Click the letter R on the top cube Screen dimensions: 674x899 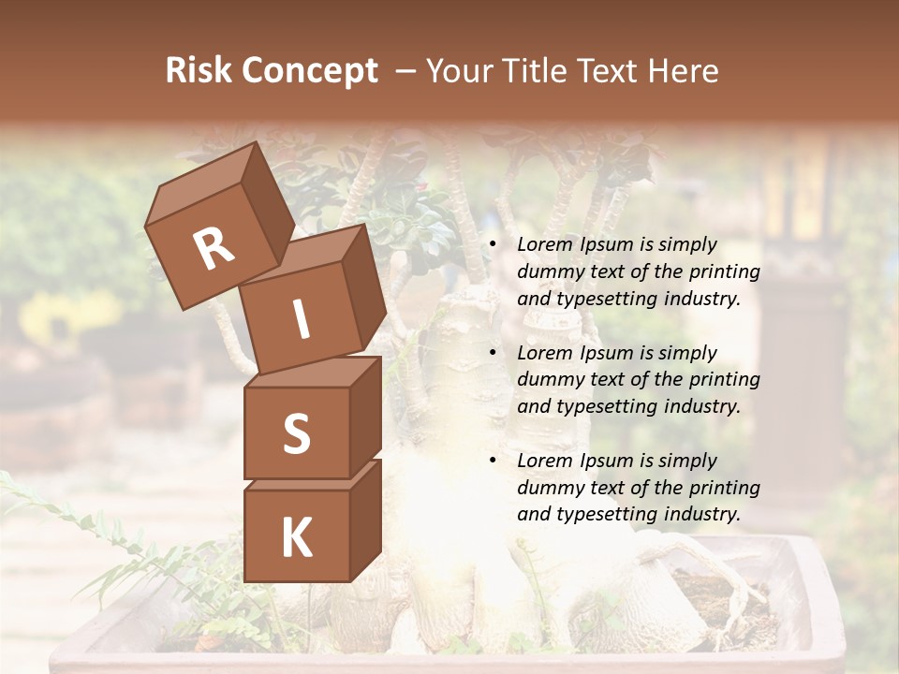pos(214,248)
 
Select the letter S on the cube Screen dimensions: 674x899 pos(296,433)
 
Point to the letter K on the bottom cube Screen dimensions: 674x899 pos(296,538)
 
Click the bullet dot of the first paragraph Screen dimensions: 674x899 pos(492,245)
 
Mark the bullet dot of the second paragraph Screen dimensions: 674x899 pos(492,354)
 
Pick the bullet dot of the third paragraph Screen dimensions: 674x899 pos(492,462)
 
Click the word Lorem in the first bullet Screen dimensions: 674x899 pos(544,244)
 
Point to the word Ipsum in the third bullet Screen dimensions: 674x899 pos(608,461)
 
